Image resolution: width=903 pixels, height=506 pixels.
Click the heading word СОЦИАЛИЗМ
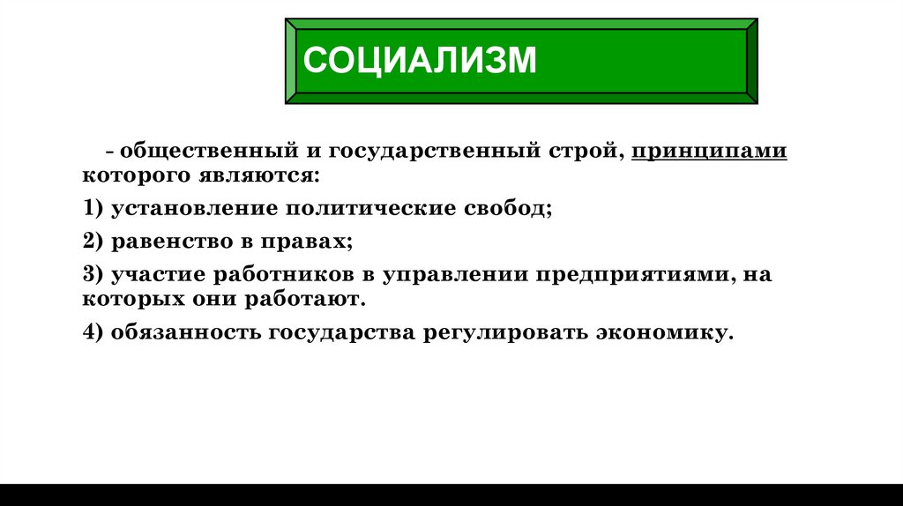(420, 61)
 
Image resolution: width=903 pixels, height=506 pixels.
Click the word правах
(308, 242)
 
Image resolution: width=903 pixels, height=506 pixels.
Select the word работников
(288, 274)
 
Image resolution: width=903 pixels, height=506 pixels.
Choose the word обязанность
(186, 333)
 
